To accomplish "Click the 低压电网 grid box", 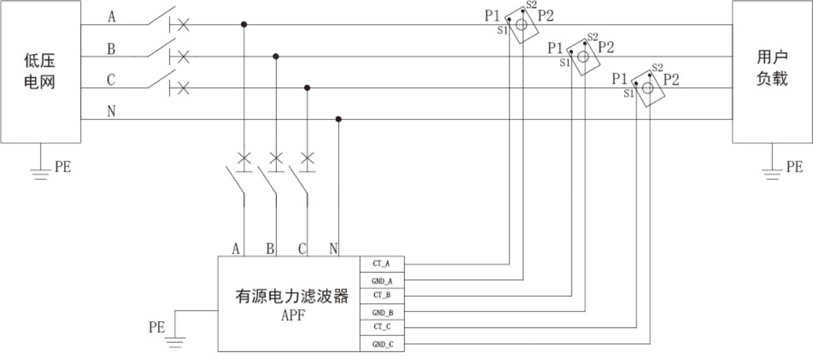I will point(40,72).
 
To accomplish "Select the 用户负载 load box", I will point(772,72).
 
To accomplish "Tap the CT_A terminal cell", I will point(381,264).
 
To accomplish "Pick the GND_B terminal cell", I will point(381,312).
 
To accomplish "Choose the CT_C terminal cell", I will point(381,327).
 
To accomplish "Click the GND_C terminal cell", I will point(381,343).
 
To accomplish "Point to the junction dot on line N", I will point(339,119).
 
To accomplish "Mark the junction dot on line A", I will point(244,25).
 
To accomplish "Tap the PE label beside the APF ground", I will point(157,327).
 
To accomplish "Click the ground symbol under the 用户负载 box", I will point(772,174).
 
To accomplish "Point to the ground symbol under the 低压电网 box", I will point(41,174).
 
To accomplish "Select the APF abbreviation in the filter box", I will point(292,315).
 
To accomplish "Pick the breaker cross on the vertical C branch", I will point(307,159).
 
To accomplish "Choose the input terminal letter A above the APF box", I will point(236,249).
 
